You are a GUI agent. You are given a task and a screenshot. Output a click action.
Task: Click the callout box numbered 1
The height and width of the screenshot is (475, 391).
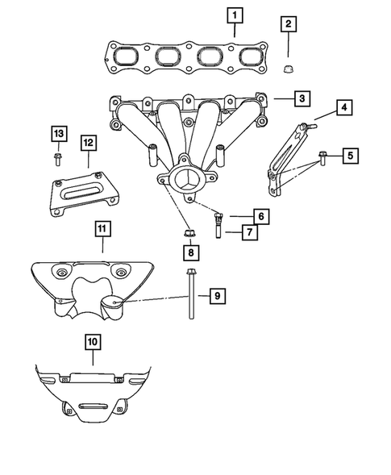(233, 15)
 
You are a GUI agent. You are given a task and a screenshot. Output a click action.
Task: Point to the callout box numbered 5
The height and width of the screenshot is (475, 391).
(349, 155)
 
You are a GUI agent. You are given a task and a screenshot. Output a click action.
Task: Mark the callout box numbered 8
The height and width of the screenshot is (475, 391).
(190, 253)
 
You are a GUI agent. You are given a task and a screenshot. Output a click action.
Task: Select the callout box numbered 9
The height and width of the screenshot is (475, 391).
(217, 296)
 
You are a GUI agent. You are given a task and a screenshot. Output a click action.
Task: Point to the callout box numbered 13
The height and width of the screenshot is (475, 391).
(57, 133)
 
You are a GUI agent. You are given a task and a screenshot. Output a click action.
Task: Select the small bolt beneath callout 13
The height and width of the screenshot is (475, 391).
(58, 156)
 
